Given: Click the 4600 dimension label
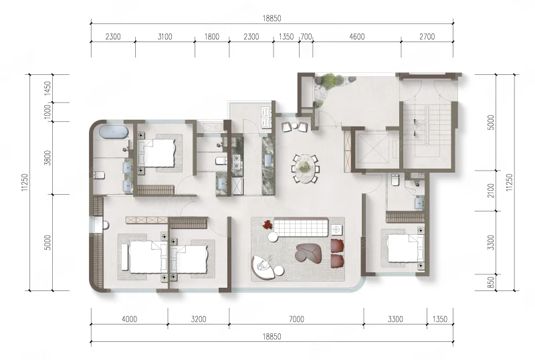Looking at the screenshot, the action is (x=357, y=37).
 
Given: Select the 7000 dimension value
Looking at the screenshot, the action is (x=296, y=319).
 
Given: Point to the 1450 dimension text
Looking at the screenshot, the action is (x=47, y=88).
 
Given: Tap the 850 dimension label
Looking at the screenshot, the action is (x=491, y=282).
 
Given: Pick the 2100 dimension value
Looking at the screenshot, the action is (x=491, y=190).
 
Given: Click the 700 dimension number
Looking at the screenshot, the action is (x=306, y=37).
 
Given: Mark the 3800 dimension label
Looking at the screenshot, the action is (x=47, y=158).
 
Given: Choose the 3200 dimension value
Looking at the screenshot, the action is (x=199, y=319).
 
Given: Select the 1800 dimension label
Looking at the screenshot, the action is (x=212, y=37).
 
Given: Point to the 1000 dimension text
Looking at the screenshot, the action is (x=47, y=112).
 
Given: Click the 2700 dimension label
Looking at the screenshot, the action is (x=427, y=37).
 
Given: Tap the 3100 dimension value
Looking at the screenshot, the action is (x=165, y=37).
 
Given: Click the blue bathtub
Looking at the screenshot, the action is (x=114, y=132).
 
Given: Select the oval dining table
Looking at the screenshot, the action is (x=304, y=168).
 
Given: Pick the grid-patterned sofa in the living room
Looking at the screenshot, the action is (x=302, y=227).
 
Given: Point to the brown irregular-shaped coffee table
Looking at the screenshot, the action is (x=309, y=253).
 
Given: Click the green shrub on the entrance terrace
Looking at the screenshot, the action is (x=328, y=80).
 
